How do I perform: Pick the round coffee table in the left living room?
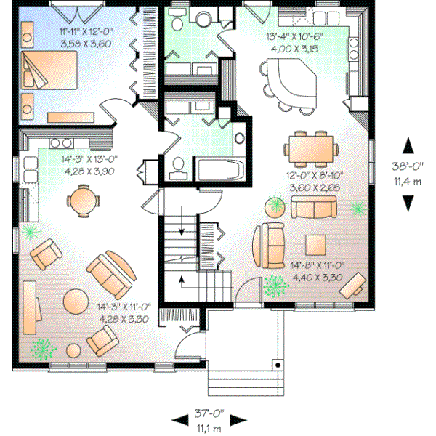[x=76, y=299]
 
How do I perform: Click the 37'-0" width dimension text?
[x=209, y=413]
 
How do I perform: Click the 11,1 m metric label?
[x=209, y=427]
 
